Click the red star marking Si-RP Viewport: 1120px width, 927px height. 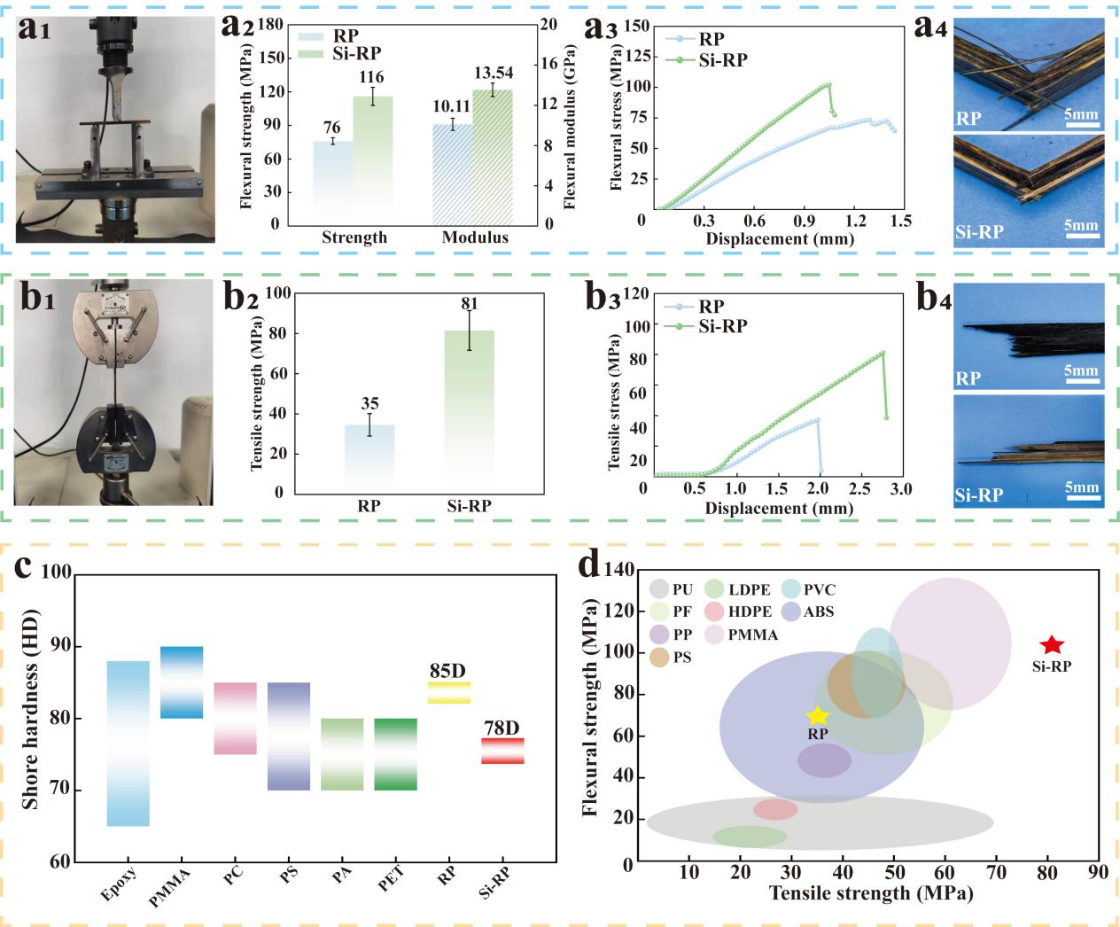point(1051,645)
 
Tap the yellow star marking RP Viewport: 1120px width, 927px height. point(817,716)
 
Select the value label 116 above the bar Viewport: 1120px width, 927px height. point(371,78)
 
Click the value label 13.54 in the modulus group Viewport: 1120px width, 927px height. point(493,73)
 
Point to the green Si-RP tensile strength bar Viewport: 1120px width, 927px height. point(469,408)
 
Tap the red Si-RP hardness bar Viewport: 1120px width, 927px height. point(502,751)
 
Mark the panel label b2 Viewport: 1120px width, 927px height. point(240,297)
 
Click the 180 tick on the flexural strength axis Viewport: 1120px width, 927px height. point(275,24)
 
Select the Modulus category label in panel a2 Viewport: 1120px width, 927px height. point(475,238)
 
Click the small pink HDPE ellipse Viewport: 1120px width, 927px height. point(775,809)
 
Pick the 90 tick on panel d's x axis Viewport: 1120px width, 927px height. point(1098,873)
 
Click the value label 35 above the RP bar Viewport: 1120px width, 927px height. point(369,404)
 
